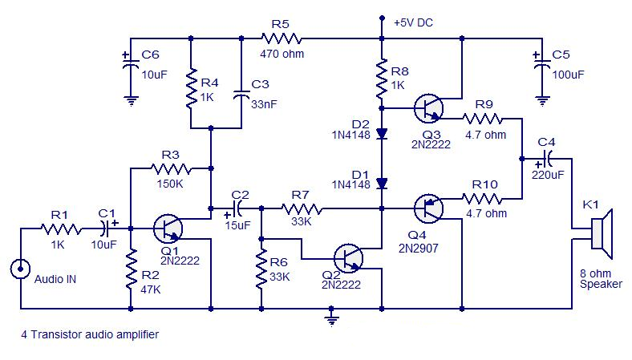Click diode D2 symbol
point(382,133)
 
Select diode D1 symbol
point(382,184)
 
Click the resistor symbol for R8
point(382,76)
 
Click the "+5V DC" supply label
point(414,23)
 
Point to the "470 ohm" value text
point(282,55)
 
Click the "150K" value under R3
point(171,184)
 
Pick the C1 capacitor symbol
point(107,229)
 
